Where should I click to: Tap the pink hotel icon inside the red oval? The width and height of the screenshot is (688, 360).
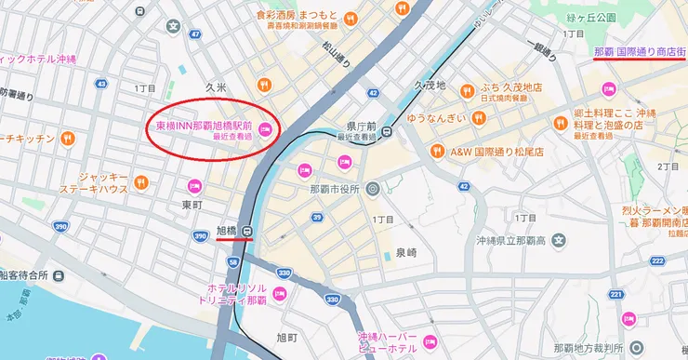(265, 129)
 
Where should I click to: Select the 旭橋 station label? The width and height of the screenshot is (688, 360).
(227, 230)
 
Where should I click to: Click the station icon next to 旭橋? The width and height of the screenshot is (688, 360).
(248, 231)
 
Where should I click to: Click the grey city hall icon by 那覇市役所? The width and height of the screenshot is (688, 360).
(372, 188)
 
